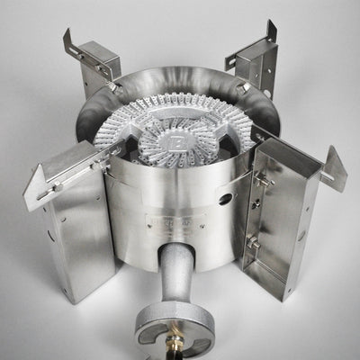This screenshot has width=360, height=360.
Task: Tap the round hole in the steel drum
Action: pos(223,198)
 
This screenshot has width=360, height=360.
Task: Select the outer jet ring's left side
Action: pos(108,135)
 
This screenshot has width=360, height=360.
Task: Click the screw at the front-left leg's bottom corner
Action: pos(67,292)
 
